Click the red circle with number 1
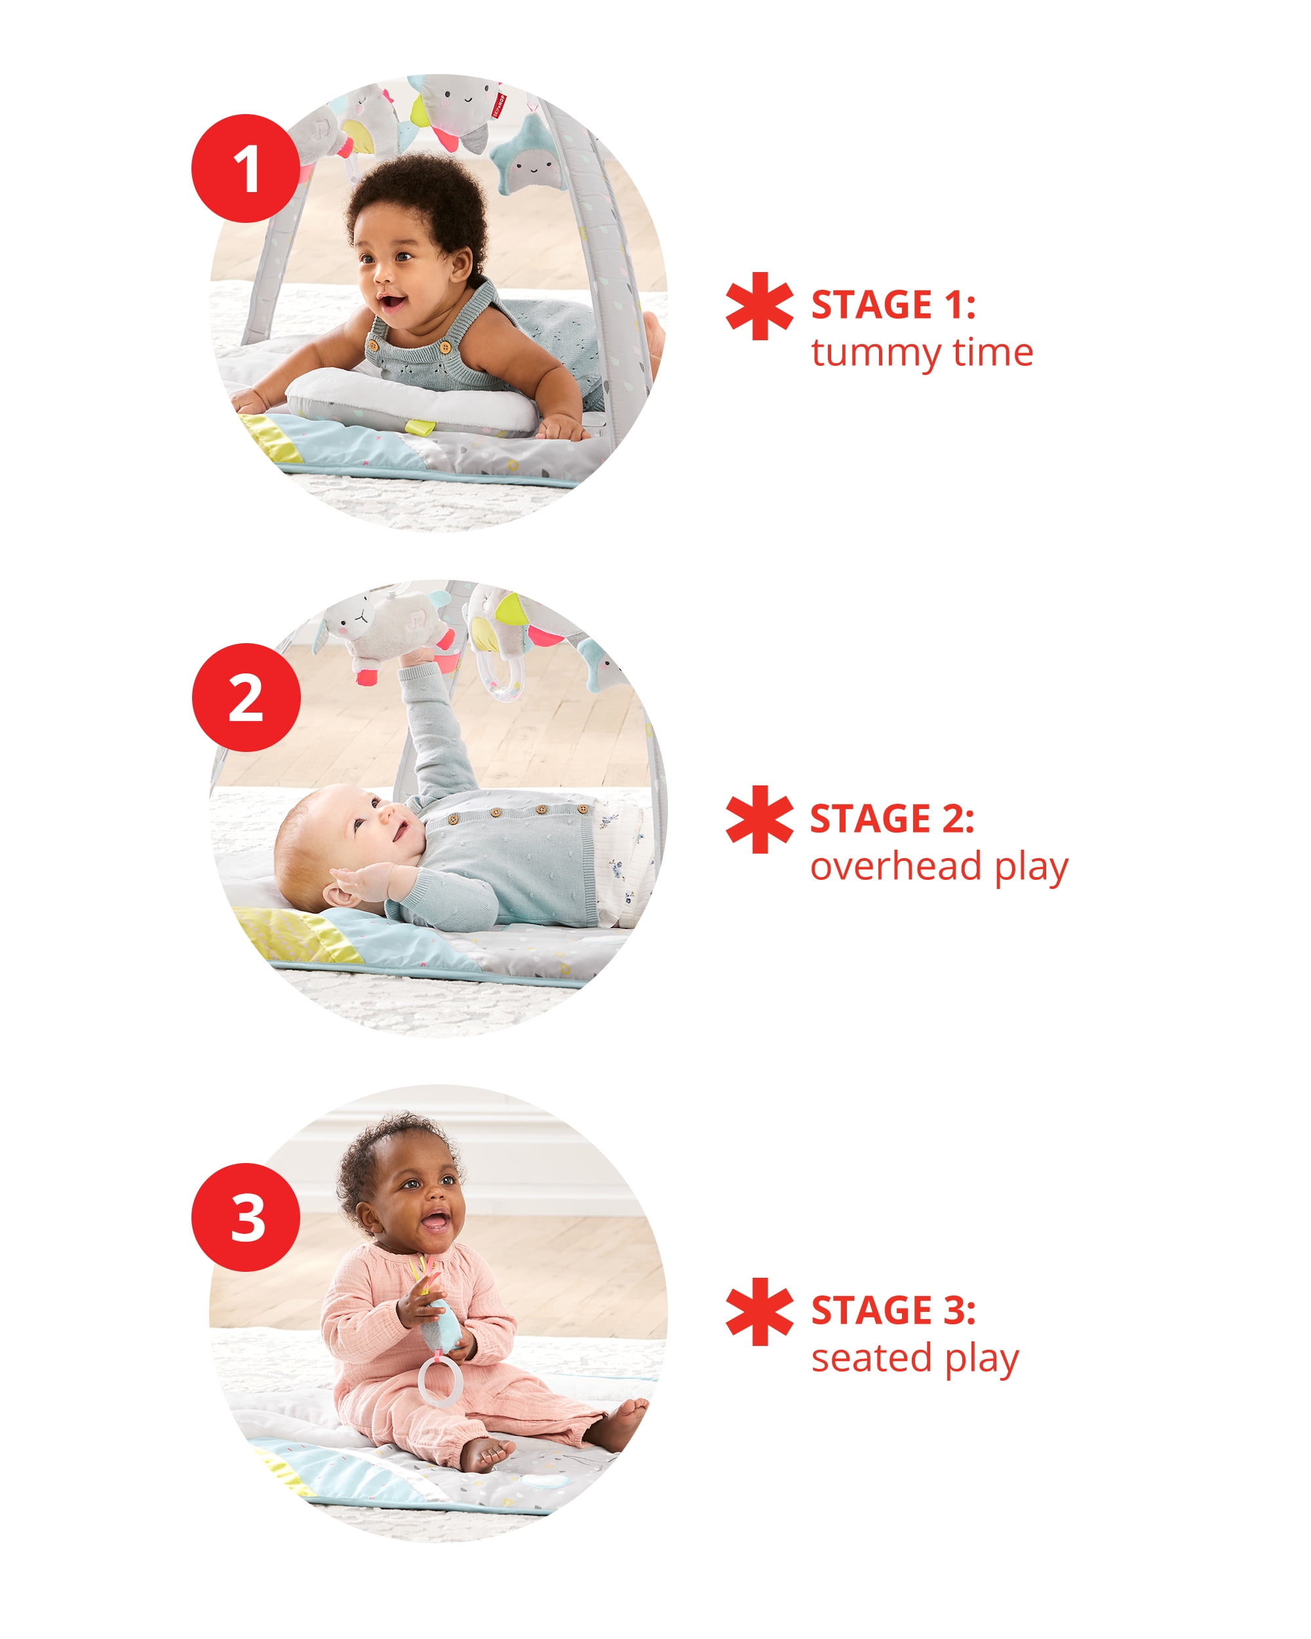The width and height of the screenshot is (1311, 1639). coord(245,168)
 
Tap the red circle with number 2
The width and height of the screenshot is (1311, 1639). coord(245,697)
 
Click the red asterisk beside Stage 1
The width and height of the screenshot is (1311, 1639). coord(758,306)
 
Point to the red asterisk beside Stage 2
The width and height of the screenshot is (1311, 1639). coord(758,819)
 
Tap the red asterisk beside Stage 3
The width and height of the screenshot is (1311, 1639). coord(758,1311)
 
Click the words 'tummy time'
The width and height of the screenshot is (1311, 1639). coord(921,353)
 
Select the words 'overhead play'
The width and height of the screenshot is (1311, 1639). coord(939,867)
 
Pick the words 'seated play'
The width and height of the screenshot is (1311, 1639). coord(914,1358)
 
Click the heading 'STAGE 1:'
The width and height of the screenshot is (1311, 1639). coord(893,305)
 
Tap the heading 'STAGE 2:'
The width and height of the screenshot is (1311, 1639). coord(891,819)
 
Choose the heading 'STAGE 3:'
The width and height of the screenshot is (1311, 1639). coord(893,1311)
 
